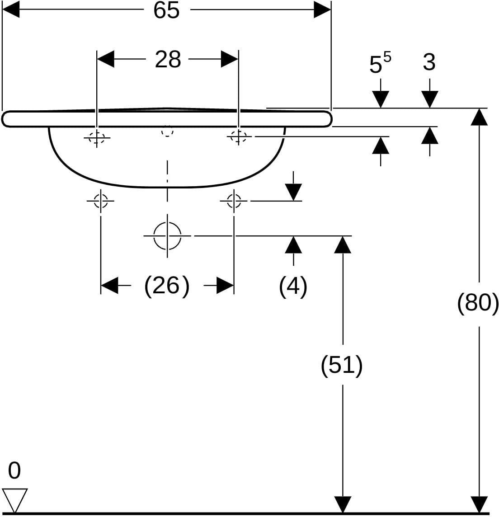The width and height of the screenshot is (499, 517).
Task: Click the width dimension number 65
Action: (x=166, y=10)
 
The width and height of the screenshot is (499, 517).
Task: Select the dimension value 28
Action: (x=168, y=60)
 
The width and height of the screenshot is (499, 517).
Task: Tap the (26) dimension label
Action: (x=167, y=286)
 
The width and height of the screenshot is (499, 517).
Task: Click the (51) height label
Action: (x=342, y=365)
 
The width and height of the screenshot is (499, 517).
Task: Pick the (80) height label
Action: (x=478, y=302)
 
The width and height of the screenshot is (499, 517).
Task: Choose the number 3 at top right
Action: (x=429, y=61)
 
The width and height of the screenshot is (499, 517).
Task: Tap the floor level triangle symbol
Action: (x=15, y=501)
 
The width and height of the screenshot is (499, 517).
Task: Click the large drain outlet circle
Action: (x=167, y=236)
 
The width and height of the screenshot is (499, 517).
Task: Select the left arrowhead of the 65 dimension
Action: (x=11, y=9)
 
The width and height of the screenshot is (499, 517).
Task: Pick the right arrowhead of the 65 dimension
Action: (x=322, y=9)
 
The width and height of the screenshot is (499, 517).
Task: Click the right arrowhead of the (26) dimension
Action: (x=225, y=285)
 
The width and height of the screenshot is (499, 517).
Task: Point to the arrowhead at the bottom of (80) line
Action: (x=479, y=505)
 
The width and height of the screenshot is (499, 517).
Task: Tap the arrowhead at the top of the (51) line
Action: (x=343, y=245)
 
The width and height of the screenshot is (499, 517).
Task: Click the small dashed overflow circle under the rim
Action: (x=167, y=131)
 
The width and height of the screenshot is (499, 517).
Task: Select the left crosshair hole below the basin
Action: (x=101, y=201)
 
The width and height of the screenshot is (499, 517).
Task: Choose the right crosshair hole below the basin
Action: (x=234, y=201)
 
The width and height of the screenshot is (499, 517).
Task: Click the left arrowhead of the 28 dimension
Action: (x=105, y=59)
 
